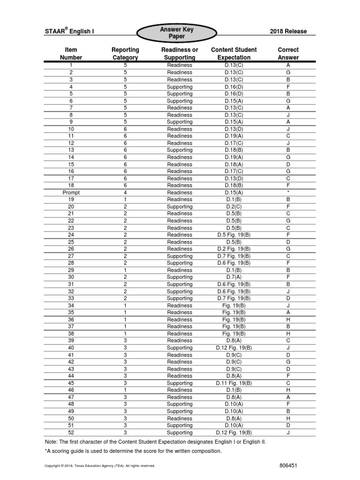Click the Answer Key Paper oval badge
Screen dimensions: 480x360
(177, 33)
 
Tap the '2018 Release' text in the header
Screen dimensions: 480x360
(288, 32)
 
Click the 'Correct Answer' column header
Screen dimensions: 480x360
(288, 53)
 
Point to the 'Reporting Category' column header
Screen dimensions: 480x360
(125, 53)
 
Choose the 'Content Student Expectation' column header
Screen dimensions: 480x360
(234, 53)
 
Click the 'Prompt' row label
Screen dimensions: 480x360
(71, 192)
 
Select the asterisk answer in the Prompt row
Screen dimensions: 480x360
(288, 192)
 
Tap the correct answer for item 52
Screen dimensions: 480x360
(288, 433)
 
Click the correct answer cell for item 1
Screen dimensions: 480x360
(288, 66)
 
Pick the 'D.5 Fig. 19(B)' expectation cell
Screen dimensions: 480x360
(234, 235)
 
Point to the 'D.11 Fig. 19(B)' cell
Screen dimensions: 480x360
(234, 383)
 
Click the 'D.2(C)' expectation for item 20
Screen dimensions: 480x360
(234, 207)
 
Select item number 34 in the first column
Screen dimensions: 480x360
(71, 306)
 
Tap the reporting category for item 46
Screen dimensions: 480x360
(125, 390)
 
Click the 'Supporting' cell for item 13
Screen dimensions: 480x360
(180, 150)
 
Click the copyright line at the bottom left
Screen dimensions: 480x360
(99, 466)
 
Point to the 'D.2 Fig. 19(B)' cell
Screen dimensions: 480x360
(234, 249)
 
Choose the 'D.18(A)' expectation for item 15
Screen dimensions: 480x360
(234, 165)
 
